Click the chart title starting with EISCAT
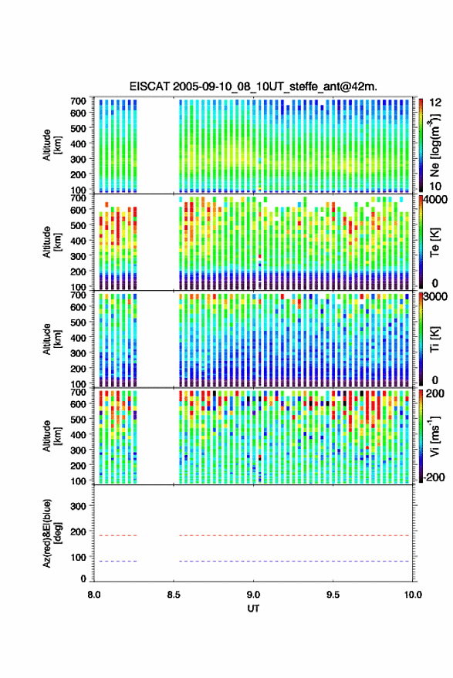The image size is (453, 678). point(253,86)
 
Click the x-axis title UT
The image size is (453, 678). point(253,609)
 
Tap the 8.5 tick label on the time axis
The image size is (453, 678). point(174,595)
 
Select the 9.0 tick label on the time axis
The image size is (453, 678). point(253,595)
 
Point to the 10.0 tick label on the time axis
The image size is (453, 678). point(413,595)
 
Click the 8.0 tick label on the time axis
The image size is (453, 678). point(94,595)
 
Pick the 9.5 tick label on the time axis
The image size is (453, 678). point(333,595)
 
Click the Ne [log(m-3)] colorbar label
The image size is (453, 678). point(435,145)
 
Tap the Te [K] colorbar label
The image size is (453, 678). point(434,242)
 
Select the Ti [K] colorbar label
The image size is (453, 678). point(434,339)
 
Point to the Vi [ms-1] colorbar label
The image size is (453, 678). point(434,436)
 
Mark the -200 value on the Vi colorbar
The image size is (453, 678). point(434,477)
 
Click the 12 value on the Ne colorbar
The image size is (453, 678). point(436,103)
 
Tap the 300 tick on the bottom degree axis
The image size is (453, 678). point(78,506)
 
